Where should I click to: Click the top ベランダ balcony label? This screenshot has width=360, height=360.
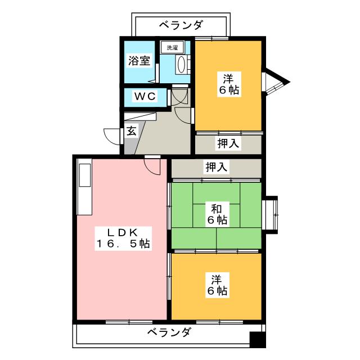point(181,25)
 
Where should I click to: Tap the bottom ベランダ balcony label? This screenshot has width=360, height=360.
point(169,332)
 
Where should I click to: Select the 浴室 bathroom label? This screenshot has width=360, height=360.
point(139,61)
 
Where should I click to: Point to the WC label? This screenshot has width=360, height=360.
point(144,96)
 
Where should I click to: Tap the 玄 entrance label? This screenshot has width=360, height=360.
point(130,132)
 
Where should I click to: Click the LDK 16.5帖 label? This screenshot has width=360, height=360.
point(121,237)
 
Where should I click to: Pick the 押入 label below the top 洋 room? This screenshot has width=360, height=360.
point(228,143)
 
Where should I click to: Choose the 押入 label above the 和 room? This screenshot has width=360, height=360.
point(217,167)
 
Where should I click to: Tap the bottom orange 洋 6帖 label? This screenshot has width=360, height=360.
point(217,285)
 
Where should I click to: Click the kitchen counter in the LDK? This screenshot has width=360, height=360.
point(85,189)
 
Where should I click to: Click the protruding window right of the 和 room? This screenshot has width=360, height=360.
point(271,213)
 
